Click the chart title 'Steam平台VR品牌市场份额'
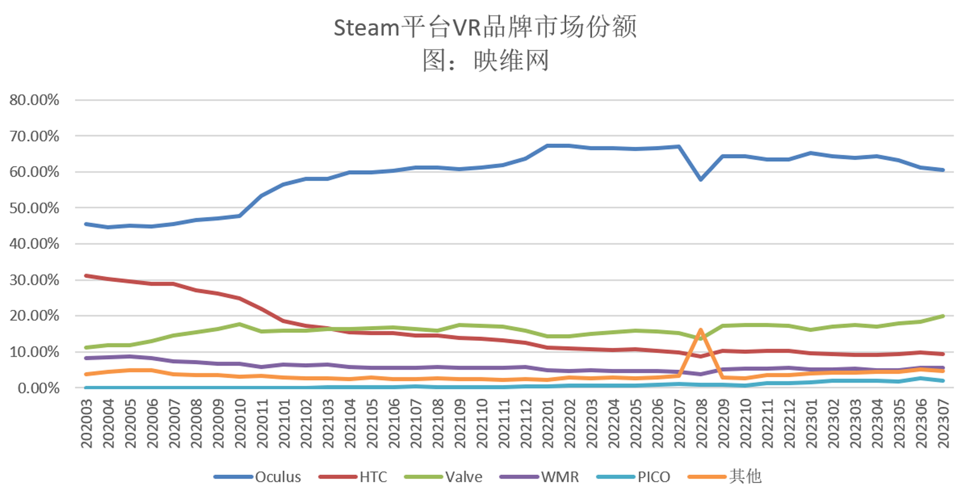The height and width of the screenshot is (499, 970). point(485,27)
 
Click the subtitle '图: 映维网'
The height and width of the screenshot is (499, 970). point(485,60)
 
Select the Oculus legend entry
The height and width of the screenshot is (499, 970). point(258,477)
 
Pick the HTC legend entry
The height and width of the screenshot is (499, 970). point(353,477)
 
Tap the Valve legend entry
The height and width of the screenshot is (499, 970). point(443,477)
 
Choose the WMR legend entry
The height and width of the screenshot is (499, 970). point(539,477)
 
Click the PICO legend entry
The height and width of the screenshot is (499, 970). point(634,477)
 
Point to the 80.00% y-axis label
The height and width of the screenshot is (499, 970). point(34,100)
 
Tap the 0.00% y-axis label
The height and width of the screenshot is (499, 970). point(38,388)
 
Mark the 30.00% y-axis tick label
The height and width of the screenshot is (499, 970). point(34,280)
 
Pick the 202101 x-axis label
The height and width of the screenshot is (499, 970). point(284,424)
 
